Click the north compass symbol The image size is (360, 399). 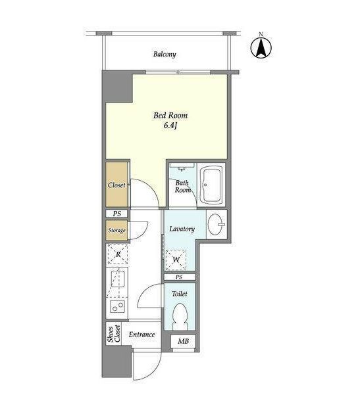(261, 47)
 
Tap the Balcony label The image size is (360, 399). (165, 55)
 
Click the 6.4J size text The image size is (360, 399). (170, 126)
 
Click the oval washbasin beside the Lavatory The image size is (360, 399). (216, 224)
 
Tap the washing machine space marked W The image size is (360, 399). (176, 260)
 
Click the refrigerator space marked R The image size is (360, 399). (118, 254)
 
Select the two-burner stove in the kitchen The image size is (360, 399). (117, 306)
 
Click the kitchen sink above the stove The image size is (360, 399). (118, 279)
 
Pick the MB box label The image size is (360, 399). (183, 341)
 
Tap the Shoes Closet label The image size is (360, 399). (114, 334)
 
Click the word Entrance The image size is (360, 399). (141, 335)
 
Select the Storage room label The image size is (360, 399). (116, 231)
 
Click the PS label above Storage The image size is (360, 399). (117, 214)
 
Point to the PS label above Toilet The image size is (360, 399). (179, 277)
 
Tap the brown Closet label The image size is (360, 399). (116, 185)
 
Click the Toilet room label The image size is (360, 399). (180, 294)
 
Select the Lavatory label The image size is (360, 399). (182, 229)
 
